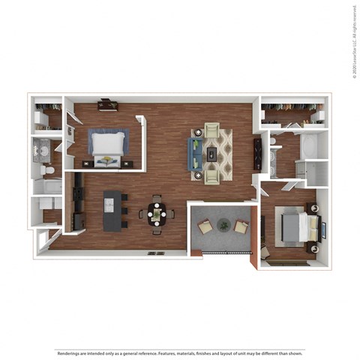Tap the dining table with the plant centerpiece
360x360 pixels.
(x=157, y=214)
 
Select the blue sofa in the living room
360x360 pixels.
(x=196, y=154)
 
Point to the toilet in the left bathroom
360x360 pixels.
(x=49, y=171)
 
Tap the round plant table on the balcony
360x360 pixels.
(x=223, y=223)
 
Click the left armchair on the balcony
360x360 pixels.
(x=204, y=226)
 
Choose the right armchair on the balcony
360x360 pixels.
(x=241, y=226)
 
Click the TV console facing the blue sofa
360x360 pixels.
(x=258, y=155)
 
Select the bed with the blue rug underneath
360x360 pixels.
(x=107, y=147)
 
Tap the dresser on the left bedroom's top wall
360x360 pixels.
(x=107, y=105)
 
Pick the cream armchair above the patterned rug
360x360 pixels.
(x=212, y=131)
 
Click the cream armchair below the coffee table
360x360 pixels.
(x=211, y=174)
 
